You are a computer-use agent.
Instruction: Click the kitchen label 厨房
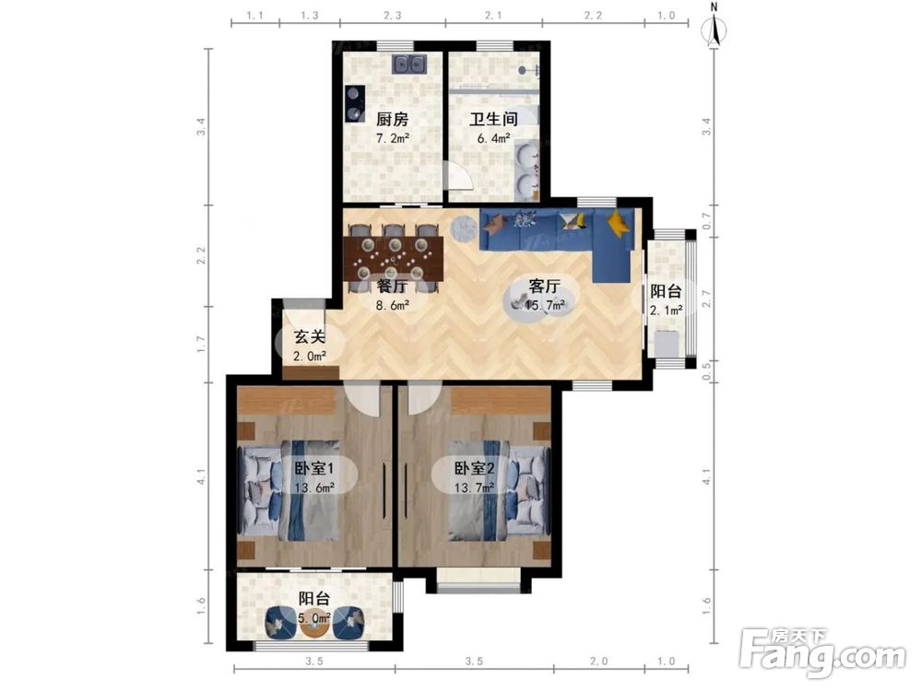coord(392,119)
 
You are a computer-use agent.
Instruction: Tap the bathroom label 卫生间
coord(493,119)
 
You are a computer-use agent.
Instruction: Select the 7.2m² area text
coord(393,139)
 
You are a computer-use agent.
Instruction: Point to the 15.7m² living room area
coord(545,305)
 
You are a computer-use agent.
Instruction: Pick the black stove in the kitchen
coord(355,103)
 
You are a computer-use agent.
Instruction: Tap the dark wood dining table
coord(393,259)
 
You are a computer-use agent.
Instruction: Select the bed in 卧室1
coord(289,491)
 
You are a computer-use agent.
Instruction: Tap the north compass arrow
coord(715,30)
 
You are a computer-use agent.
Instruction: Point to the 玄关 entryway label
coord(310,337)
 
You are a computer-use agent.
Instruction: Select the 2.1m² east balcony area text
coord(667,310)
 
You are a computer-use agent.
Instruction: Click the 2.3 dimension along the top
coord(392,16)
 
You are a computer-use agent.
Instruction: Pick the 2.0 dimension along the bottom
coord(598,662)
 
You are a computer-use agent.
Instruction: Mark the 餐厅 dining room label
coord(392,287)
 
